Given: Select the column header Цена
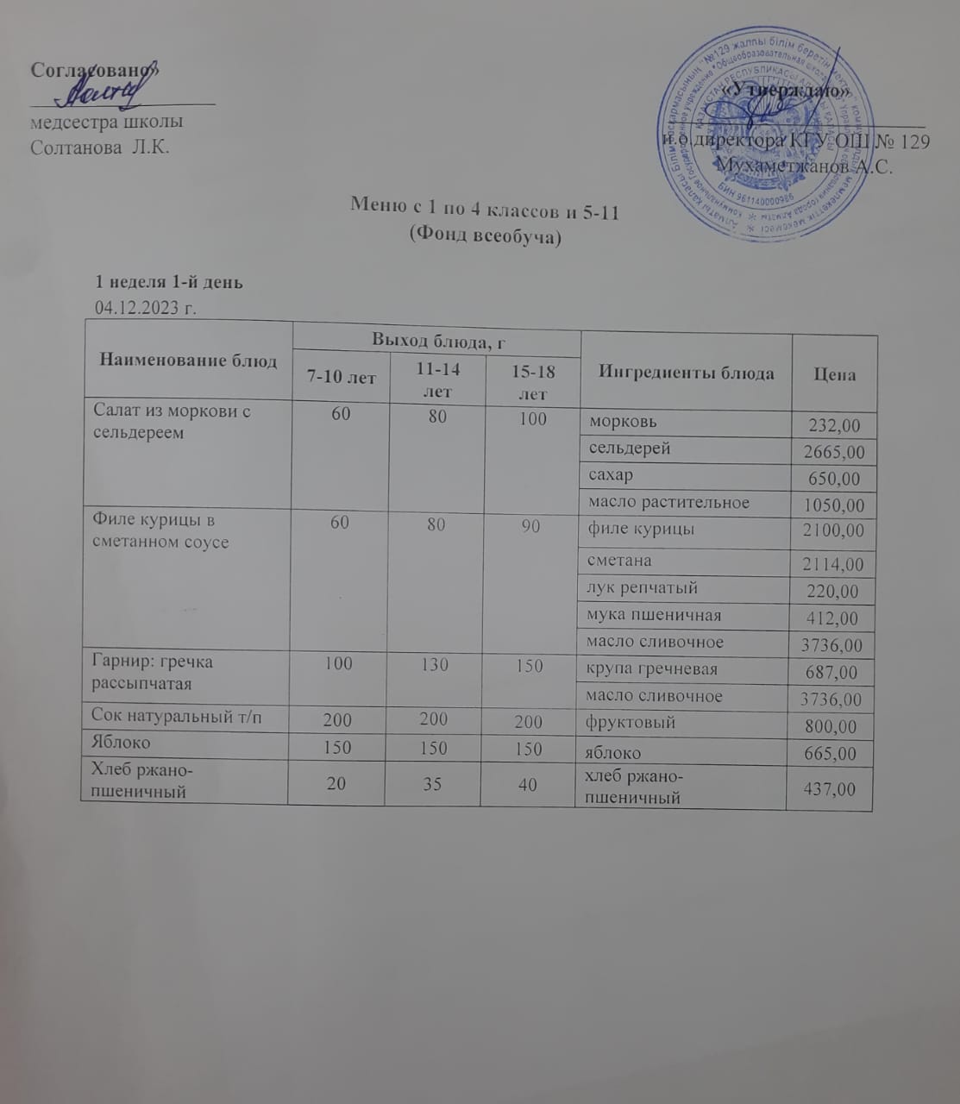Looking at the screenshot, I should (834, 374).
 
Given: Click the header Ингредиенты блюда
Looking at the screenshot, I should (686, 373).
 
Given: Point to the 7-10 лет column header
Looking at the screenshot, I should (340, 379).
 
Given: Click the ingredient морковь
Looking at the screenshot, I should (623, 422).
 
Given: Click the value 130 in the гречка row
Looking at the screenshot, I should (436, 666).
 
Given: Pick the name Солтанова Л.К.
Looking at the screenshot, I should (99, 147).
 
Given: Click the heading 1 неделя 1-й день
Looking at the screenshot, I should (168, 282).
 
